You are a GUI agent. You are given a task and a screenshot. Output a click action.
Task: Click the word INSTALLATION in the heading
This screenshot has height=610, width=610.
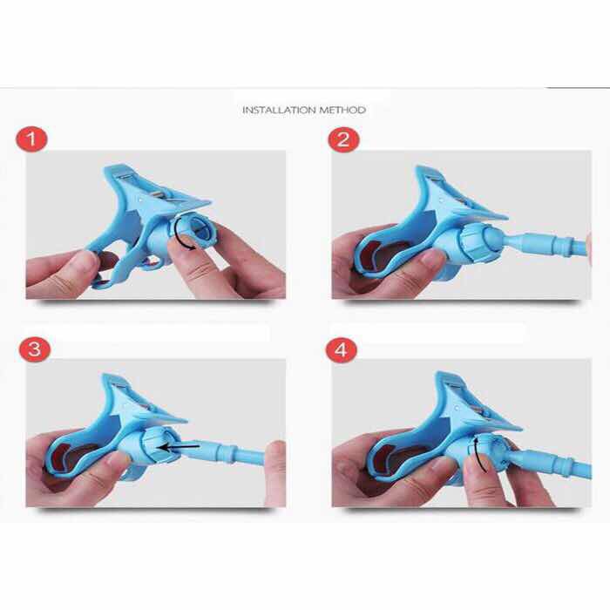279,110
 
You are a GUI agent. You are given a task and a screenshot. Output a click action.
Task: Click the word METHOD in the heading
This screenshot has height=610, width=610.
342,110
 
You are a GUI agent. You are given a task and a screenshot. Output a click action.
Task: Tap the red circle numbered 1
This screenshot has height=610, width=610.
31,139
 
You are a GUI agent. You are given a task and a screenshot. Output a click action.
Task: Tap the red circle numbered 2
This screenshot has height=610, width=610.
343,139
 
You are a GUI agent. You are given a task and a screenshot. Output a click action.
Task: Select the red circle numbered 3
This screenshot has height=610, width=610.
35,349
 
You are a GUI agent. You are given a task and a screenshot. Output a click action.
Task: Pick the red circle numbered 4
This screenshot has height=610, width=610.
342,349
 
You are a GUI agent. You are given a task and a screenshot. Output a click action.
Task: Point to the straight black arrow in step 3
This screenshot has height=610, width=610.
180,447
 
